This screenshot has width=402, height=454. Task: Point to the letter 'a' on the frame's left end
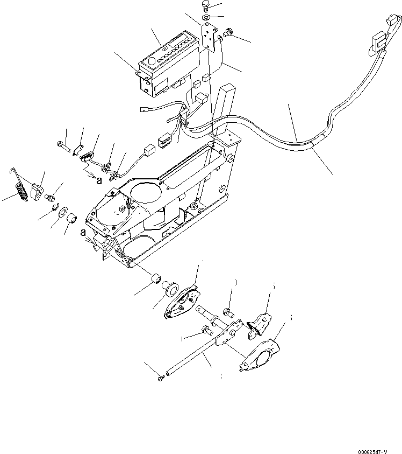coord(83,233)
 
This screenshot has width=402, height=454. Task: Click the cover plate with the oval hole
coord(259,354)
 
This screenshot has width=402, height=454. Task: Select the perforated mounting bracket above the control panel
coord(209,41)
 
